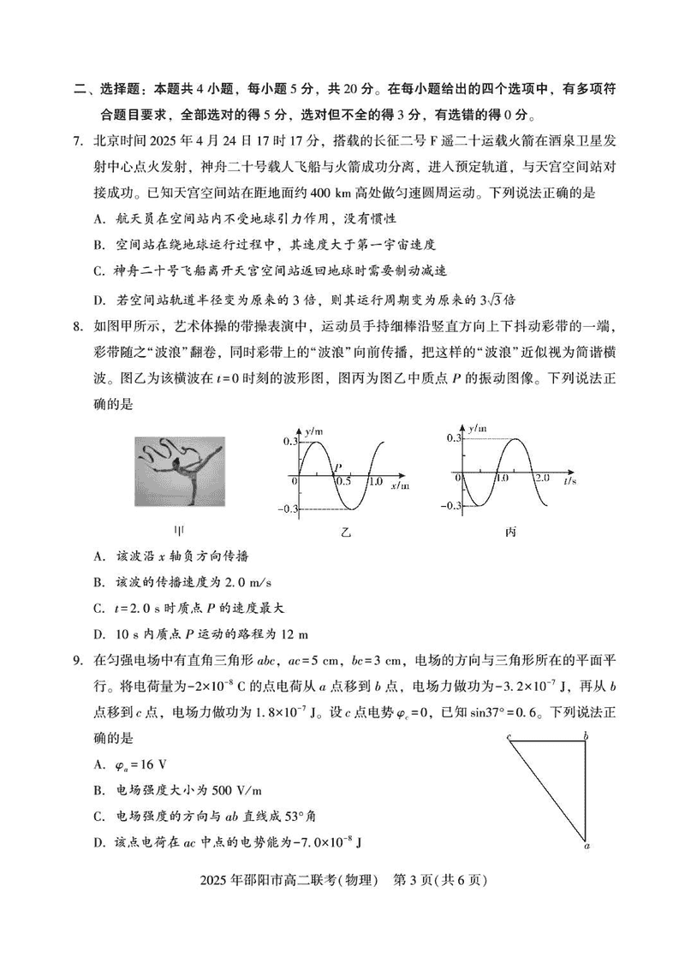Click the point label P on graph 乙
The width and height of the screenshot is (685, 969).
click(339, 467)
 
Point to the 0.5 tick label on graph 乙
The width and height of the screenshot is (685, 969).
click(344, 483)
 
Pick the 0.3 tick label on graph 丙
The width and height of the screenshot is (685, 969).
click(452, 438)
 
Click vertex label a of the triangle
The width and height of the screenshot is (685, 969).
click(587, 847)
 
